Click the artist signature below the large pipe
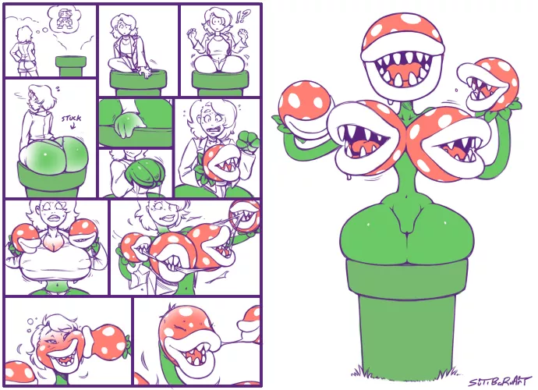pyautogui.click(x=500, y=381)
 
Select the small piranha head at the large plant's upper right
pyautogui.click(x=488, y=84)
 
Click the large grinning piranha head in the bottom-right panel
pyautogui.click(x=183, y=339)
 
